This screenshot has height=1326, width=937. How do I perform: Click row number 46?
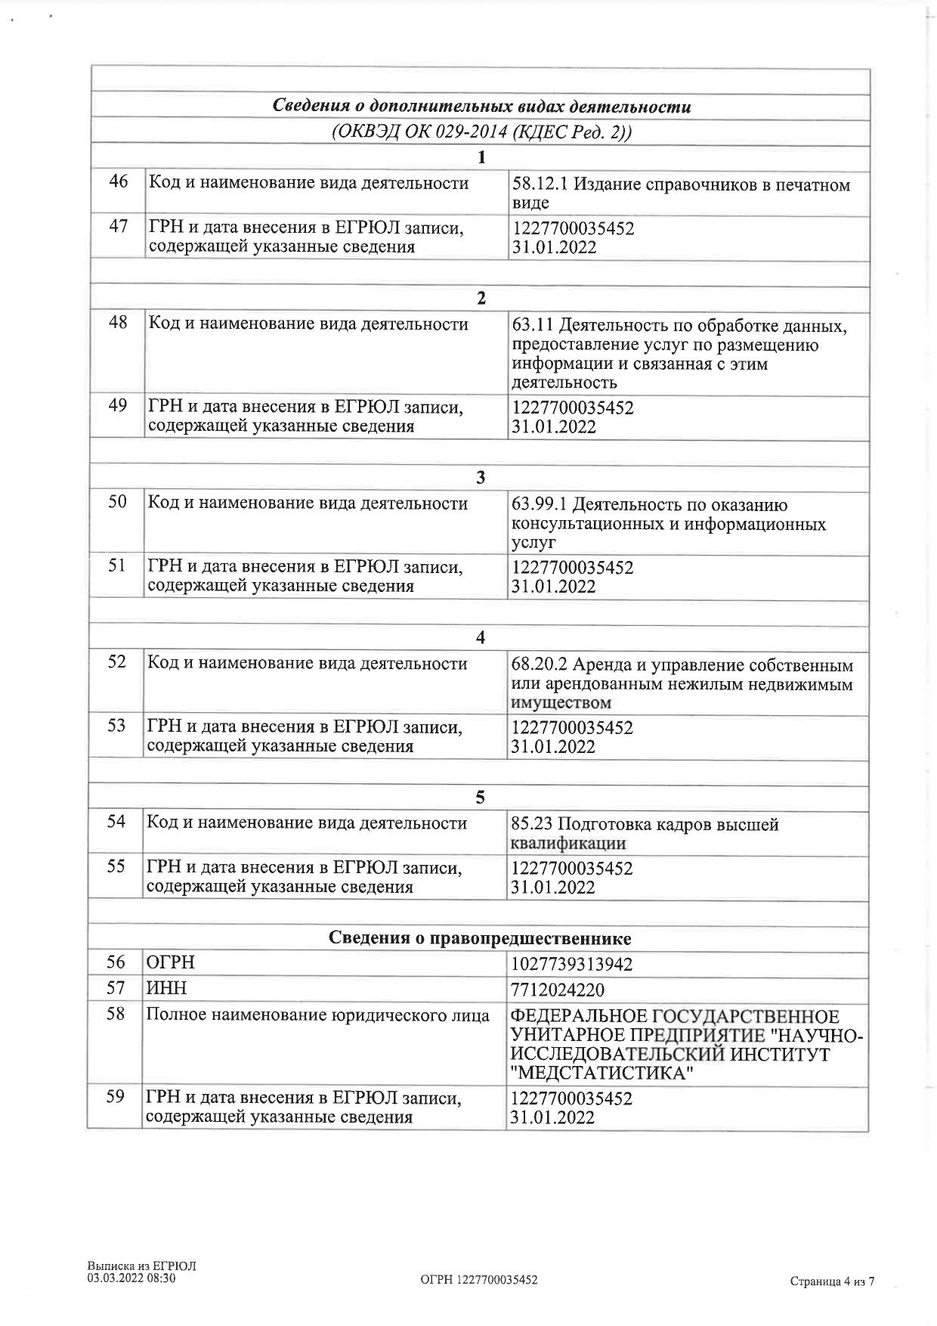click(x=119, y=182)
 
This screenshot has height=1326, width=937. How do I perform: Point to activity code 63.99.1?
click(x=539, y=505)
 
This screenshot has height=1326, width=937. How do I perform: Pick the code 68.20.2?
click(x=539, y=665)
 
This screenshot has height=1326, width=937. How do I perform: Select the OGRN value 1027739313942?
click(x=571, y=965)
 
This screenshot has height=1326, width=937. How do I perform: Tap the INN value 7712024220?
click(x=558, y=990)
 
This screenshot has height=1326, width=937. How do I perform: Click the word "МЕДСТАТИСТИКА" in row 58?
click(x=601, y=1074)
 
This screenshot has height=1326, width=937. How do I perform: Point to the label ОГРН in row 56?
click(x=171, y=962)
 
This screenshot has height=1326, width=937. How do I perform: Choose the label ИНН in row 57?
click(x=166, y=988)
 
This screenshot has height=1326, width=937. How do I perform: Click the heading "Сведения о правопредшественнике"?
click(x=480, y=938)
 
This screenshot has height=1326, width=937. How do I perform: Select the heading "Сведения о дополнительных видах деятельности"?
click(x=481, y=106)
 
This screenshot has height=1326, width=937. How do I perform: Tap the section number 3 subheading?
click(x=481, y=478)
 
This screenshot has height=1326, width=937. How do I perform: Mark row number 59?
click(x=115, y=1096)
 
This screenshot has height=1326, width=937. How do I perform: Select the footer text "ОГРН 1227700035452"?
click(x=478, y=1280)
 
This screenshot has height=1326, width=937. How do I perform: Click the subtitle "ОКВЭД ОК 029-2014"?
click(x=419, y=132)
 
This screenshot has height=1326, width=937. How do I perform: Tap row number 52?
click(x=117, y=663)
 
